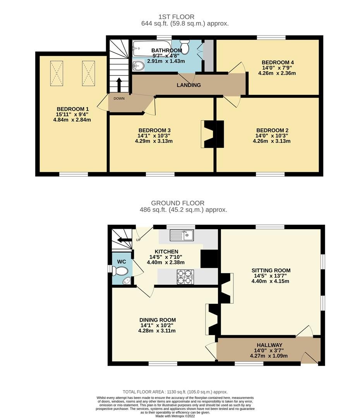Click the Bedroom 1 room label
point(74,109)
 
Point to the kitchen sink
point(182,235)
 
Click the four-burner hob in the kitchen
point(185,277)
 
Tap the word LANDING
point(189,85)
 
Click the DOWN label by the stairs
point(119,98)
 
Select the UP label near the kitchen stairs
point(138,240)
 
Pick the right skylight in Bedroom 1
point(88,74)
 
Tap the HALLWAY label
point(269,345)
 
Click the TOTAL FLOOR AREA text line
point(175,392)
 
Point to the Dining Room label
point(158,320)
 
